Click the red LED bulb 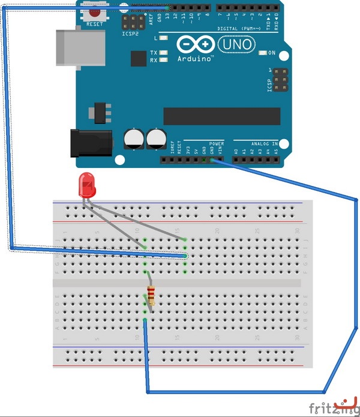click(87, 185)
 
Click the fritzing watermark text click(328, 408)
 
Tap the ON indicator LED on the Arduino click(262, 53)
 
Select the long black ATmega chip click(221, 116)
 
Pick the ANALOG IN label click(264, 144)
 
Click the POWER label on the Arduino click(217, 144)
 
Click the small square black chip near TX click(139, 58)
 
